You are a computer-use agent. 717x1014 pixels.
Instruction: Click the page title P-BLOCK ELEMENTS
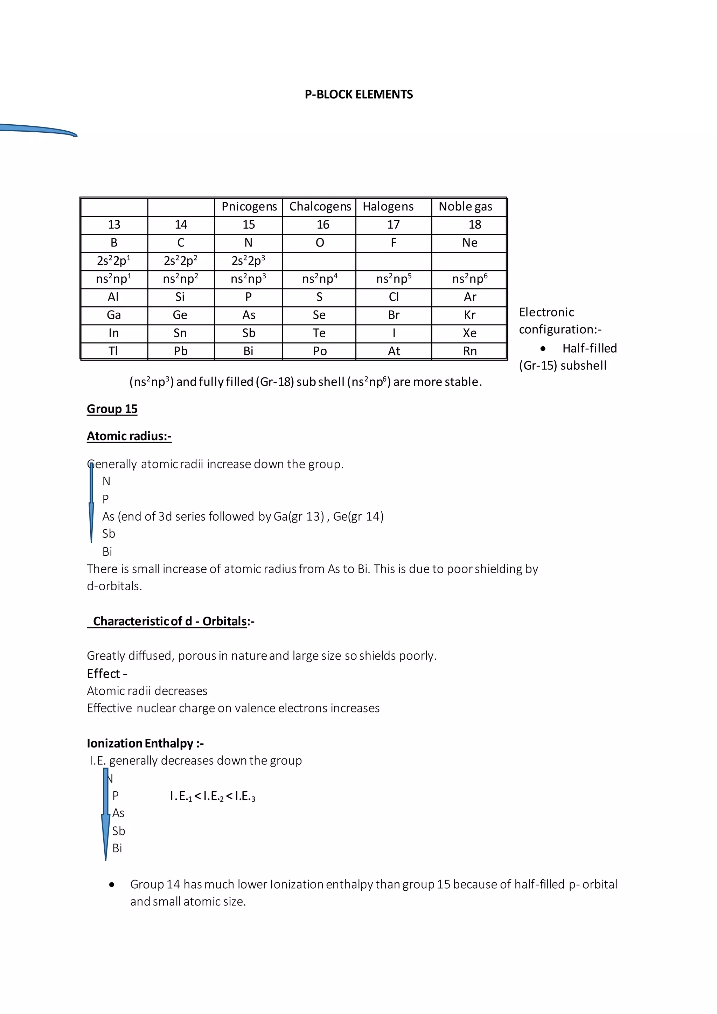click(x=358, y=95)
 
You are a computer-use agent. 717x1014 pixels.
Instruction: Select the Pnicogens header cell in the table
click(x=249, y=207)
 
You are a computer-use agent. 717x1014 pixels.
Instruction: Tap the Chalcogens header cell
click(x=320, y=207)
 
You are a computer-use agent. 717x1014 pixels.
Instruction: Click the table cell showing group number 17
click(x=394, y=225)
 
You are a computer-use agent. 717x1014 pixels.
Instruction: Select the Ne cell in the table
click(x=470, y=243)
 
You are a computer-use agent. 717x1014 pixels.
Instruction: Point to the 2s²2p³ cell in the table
click(x=249, y=261)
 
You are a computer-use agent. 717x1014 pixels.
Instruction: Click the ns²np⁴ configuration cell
click(x=320, y=279)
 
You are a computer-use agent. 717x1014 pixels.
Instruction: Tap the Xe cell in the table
click(x=470, y=333)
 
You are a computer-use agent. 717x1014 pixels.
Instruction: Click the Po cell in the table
click(x=320, y=352)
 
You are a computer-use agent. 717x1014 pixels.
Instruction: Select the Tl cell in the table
click(x=113, y=352)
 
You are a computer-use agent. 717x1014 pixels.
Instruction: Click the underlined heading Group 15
click(x=112, y=409)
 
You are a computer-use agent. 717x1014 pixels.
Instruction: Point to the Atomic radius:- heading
click(x=129, y=436)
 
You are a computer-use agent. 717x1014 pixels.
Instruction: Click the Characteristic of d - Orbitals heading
click(x=171, y=621)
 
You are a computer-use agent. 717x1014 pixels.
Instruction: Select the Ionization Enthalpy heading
click(x=145, y=743)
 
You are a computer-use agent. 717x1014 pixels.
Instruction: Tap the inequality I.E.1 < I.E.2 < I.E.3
click(x=213, y=796)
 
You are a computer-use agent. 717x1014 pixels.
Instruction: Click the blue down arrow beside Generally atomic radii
click(x=91, y=503)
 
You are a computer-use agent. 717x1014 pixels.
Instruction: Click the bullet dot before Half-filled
click(x=543, y=349)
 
